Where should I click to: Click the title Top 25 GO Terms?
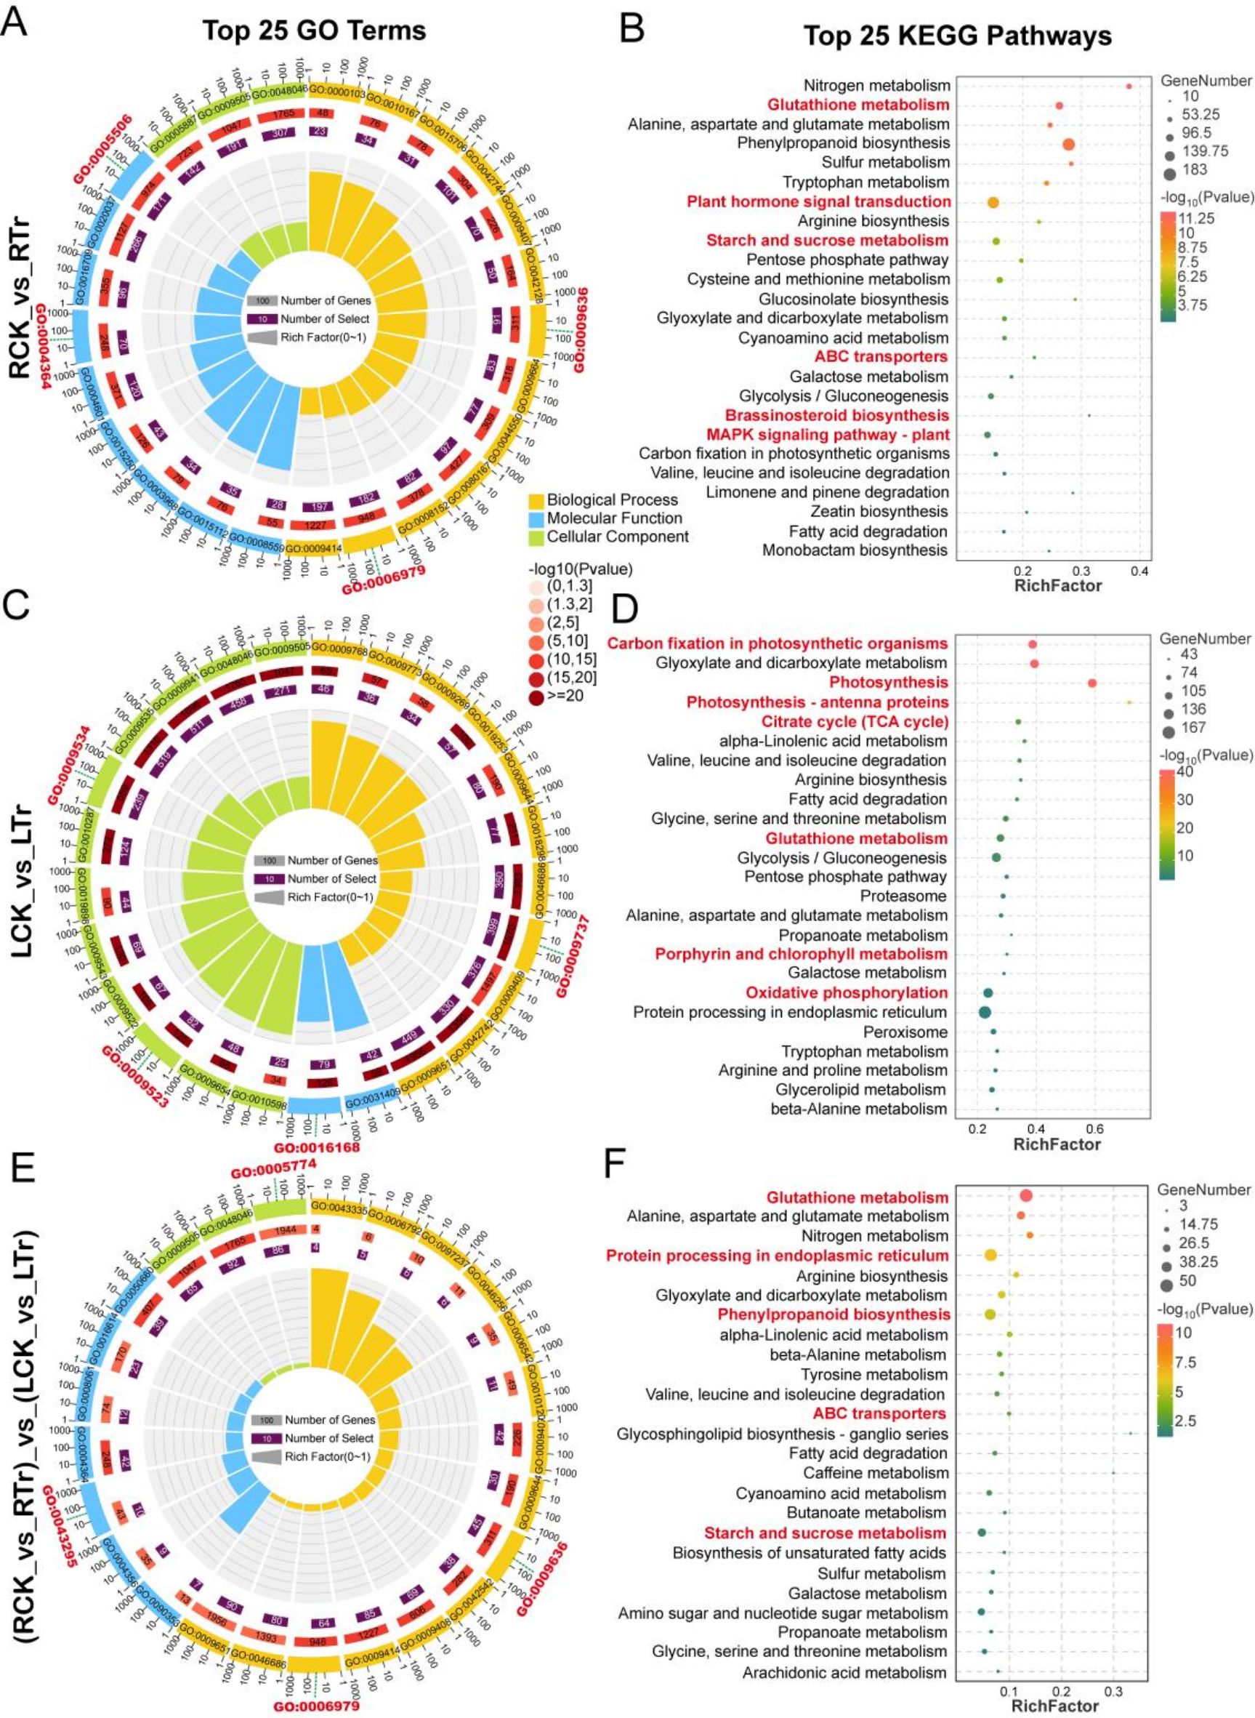(x=314, y=31)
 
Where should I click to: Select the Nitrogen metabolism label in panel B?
(x=876, y=86)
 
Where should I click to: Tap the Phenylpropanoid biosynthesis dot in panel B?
(x=1069, y=145)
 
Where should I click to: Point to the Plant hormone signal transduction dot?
(x=993, y=202)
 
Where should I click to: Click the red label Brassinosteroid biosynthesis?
(x=836, y=416)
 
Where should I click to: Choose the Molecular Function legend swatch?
(x=536, y=518)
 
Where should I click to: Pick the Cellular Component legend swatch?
(x=536, y=537)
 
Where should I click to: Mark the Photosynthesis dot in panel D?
(x=1091, y=683)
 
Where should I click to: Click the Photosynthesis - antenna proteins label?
(x=818, y=702)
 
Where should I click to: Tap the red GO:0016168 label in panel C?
(x=317, y=1147)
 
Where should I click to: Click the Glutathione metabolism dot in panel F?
(x=1025, y=1196)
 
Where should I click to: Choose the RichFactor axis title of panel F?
(x=1055, y=1704)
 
